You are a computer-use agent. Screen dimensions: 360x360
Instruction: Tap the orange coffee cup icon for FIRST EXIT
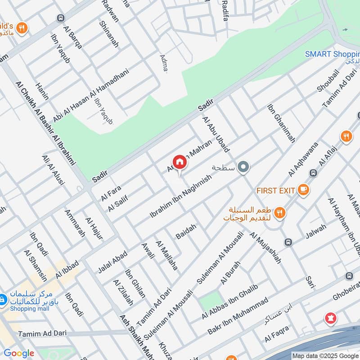tap(303, 190)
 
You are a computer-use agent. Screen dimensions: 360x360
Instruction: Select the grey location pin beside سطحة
tap(243, 167)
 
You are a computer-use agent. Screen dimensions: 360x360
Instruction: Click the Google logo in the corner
tap(18, 353)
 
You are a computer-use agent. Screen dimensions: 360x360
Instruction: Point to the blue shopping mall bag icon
tap(3, 299)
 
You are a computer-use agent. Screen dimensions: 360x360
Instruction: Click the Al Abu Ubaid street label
tap(216, 134)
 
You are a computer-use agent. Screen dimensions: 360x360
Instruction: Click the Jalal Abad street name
tap(112, 261)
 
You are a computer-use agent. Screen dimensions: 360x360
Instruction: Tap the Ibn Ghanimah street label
tap(281, 124)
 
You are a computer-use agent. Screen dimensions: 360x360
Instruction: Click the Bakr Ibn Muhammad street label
tap(238, 316)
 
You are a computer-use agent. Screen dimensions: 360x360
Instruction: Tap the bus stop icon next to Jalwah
tap(288, 242)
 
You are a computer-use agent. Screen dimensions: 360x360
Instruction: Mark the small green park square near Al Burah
tap(211, 301)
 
